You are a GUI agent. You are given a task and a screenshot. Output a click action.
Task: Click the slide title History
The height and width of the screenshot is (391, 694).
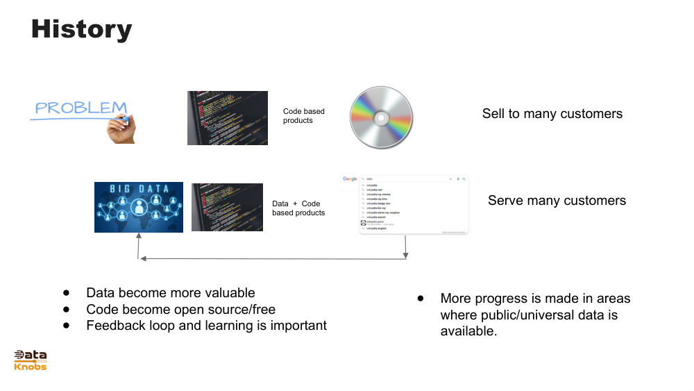[81, 29]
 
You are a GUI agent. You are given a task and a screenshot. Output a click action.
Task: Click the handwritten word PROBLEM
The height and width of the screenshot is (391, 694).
[81, 108]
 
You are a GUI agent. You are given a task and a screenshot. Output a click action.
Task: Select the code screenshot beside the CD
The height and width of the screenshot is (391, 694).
[227, 118]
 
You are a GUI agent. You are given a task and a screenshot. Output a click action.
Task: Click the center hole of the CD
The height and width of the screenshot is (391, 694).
[381, 117]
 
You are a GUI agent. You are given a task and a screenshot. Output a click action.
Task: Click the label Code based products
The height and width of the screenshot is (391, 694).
[303, 116]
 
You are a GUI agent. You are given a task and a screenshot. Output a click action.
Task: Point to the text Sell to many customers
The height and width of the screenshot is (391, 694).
[552, 114]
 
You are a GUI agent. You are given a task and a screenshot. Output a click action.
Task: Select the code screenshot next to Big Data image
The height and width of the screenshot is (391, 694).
[227, 207]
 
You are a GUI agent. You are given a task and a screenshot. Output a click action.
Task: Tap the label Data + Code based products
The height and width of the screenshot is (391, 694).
[298, 208]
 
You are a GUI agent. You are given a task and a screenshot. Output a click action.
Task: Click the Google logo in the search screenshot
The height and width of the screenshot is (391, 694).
[350, 179]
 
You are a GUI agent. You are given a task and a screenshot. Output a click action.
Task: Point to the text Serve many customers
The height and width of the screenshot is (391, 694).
[557, 201]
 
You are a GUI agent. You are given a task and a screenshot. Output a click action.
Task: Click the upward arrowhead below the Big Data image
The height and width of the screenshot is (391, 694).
[139, 237]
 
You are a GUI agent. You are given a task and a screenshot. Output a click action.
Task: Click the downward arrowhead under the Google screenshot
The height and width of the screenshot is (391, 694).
[406, 255]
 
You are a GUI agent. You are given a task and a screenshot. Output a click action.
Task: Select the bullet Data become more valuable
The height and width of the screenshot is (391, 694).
[170, 293]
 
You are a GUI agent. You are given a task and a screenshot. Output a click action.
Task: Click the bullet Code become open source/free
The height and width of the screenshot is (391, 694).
[180, 309]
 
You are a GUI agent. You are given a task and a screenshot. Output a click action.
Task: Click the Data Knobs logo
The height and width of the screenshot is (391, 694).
[31, 360]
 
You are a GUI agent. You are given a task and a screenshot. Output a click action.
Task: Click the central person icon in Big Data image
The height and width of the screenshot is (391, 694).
[139, 207]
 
